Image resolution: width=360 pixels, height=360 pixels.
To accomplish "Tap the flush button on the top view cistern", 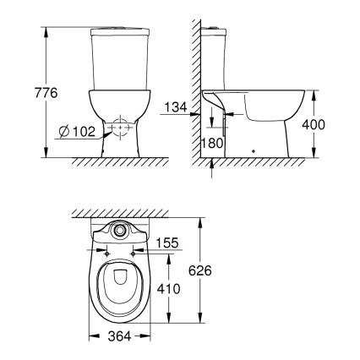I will click(119, 231).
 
